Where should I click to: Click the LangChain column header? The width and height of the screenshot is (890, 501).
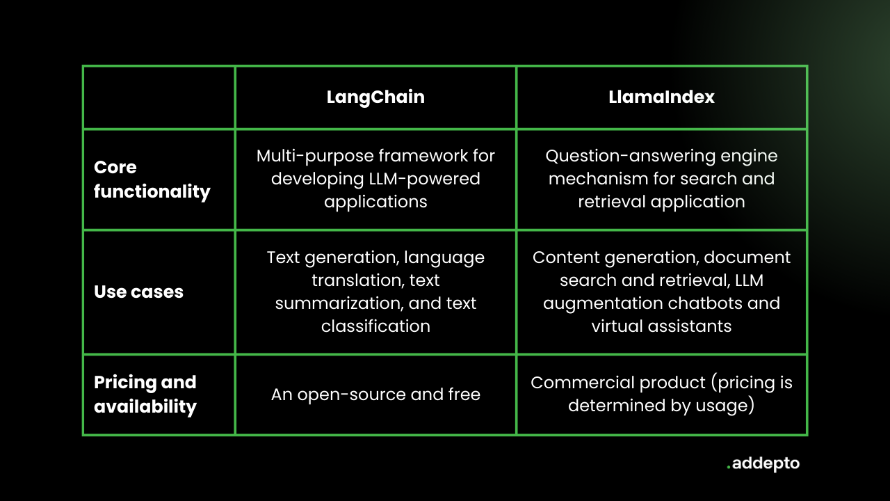point(375,97)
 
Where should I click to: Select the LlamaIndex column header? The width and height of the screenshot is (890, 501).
point(661,97)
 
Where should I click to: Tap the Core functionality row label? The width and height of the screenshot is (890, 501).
point(152,180)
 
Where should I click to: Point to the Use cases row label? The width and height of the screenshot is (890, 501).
point(138,292)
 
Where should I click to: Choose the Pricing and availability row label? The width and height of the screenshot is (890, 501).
point(145,395)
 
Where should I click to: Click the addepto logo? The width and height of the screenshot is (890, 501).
point(763,463)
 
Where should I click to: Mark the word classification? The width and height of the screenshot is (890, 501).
point(375,326)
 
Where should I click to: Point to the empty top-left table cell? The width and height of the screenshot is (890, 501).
point(159,97)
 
